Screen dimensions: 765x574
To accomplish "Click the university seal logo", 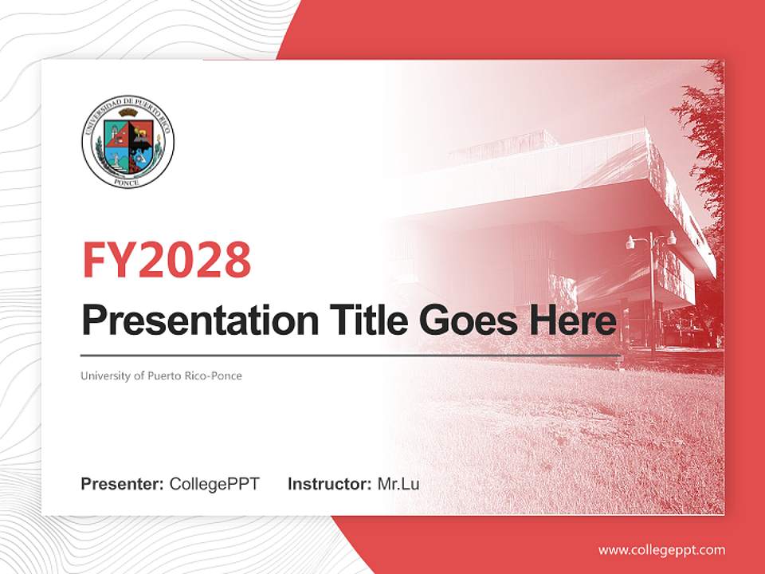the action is [x=127, y=142].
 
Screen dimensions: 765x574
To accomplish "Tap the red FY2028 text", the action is [x=167, y=260].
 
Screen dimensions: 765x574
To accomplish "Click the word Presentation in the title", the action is [x=200, y=320].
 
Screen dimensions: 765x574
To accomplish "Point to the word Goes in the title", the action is [x=468, y=320].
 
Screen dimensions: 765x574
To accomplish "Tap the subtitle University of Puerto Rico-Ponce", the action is [x=161, y=375].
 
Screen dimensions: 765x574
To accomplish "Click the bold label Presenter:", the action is [x=122, y=484].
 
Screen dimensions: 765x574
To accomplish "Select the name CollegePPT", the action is [x=214, y=484].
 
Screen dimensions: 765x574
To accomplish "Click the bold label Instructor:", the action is [x=329, y=484].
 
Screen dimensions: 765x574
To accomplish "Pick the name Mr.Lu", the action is [x=398, y=484].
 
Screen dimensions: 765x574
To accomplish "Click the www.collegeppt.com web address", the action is [x=661, y=551].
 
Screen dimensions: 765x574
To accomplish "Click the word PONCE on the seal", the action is [x=127, y=182].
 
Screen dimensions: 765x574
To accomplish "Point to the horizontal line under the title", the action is [x=351, y=356].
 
